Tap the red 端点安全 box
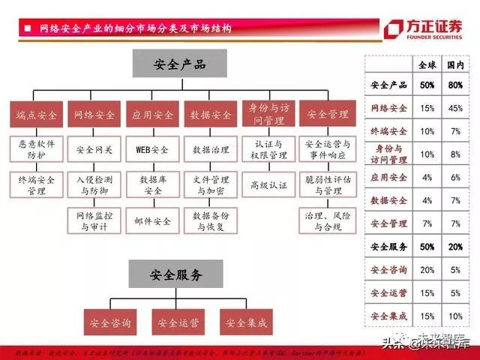click(36, 115)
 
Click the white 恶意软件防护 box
click(36, 150)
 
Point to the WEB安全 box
click(152, 150)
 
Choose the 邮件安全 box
click(152, 220)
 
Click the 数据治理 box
click(211, 150)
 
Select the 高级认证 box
click(269, 184)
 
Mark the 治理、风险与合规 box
click(328, 220)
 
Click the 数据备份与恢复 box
click(211, 220)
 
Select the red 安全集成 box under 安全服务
click(244, 323)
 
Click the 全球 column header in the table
click(427, 65)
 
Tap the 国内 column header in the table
click(454, 65)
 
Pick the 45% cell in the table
click(454, 108)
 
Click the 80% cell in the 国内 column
click(454, 85)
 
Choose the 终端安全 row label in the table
click(389, 131)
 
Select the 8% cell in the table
click(454, 154)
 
